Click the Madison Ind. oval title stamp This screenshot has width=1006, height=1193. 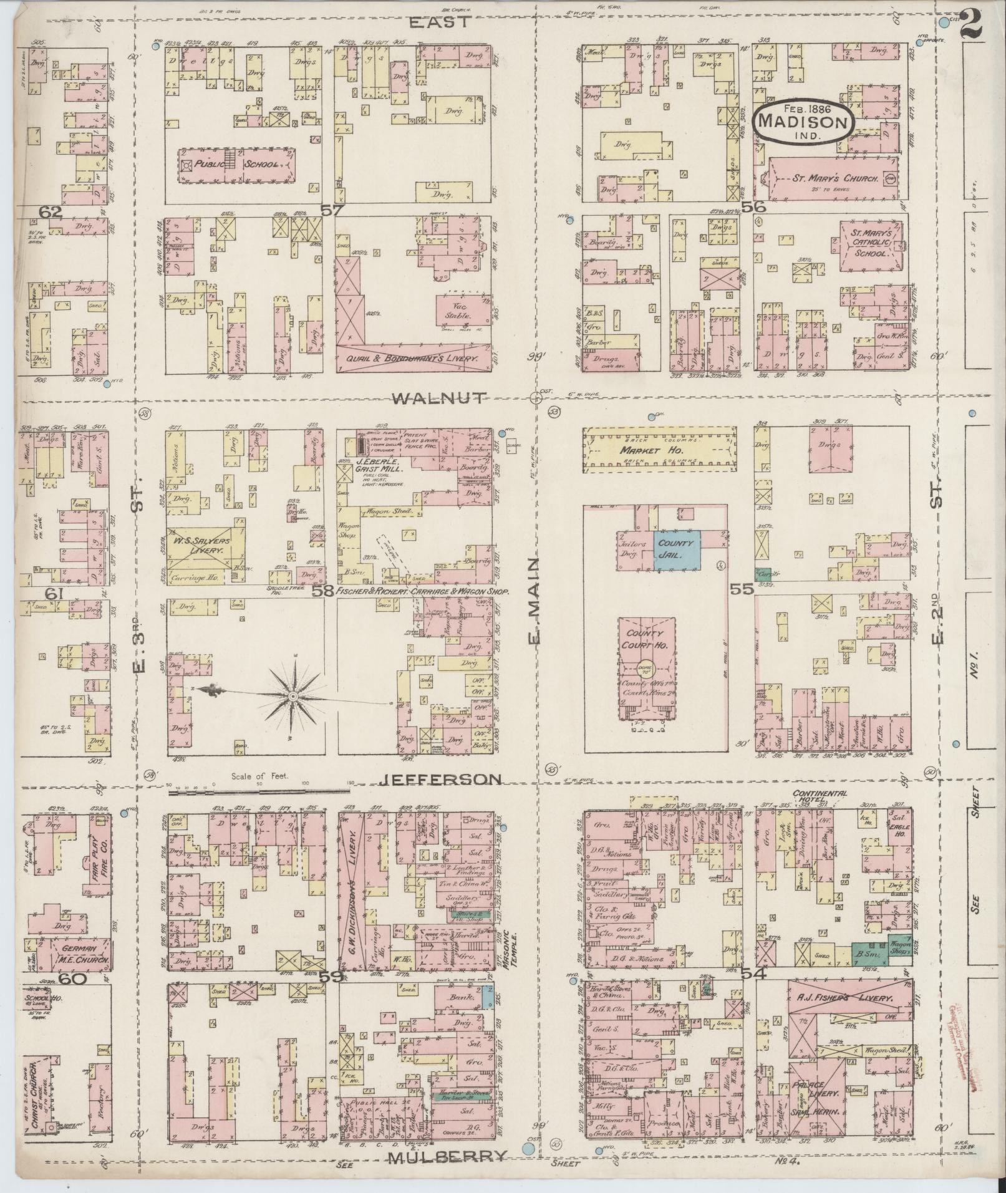click(802, 121)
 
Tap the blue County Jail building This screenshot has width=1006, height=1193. click(677, 548)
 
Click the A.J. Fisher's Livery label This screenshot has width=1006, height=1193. click(844, 998)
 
